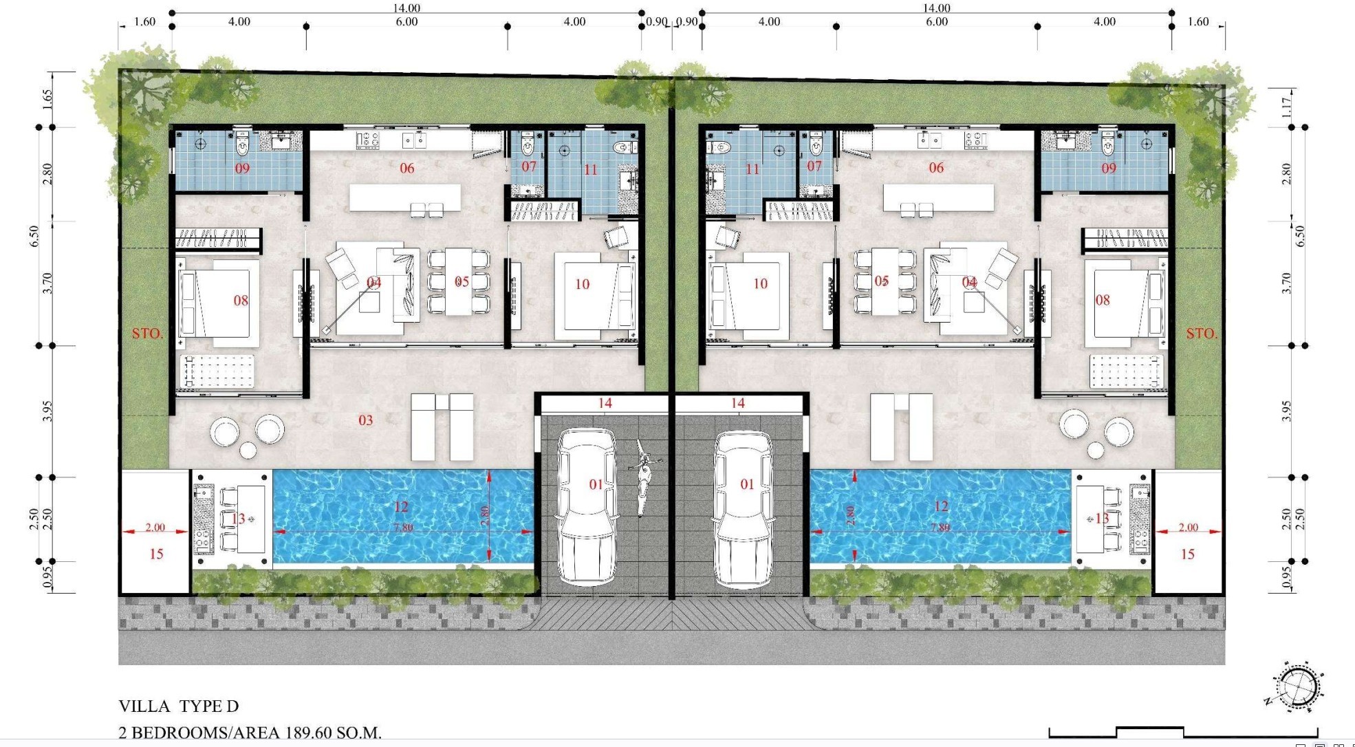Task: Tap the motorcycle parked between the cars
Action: tap(642, 476)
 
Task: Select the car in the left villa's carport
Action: tap(586, 508)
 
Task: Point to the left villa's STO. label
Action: tap(148, 334)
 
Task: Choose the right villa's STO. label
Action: tap(1202, 334)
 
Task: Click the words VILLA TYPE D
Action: tap(179, 706)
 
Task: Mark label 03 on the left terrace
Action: tap(366, 420)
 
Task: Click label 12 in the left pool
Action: tap(401, 507)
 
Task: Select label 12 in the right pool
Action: tap(941, 507)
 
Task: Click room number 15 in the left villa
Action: tap(156, 554)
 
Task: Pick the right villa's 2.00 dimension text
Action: tap(1188, 528)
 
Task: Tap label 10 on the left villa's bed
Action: tap(583, 284)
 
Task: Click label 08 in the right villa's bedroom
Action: tap(1103, 300)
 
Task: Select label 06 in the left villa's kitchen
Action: tap(407, 168)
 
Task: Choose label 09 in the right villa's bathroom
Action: tap(1109, 168)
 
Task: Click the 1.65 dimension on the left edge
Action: tap(47, 100)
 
